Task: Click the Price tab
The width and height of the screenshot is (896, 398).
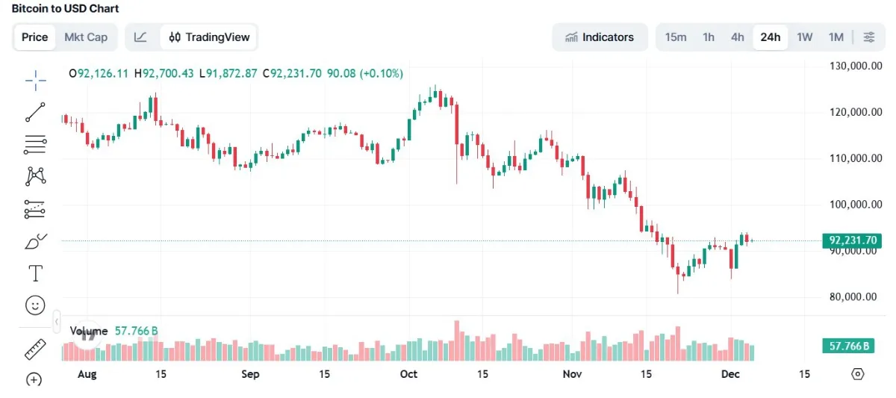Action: pyautogui.click(x=35, y=37)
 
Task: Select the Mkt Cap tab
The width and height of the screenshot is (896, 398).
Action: pyautogui.click(x=86, y=37)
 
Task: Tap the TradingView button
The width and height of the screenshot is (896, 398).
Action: pyautogui.click(x=210, y=37)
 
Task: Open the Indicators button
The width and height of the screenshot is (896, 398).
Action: pyautogui.click(x=600, y=37)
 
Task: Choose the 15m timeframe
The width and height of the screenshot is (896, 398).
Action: pyautogui.click(x=676, y=37)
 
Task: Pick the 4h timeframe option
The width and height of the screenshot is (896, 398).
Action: pyautogui.click(x=738, y=37)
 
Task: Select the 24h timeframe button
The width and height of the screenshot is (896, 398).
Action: pyautogui.click(x=771, y=37)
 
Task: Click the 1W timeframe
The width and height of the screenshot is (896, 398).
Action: pyautogui.click(x=804, y=37)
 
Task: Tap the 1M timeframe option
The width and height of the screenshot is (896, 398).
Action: pyautogui.click(x=836, y=37)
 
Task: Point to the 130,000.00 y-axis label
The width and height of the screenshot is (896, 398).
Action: pyautogui.click(x=853, y=66)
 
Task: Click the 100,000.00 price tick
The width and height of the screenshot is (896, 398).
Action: pyautogui.click(x=853, y=205)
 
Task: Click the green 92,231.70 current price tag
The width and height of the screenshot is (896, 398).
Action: pyautogui.click(x=852, y=240)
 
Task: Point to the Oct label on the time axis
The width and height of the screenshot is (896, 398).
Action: pyautogui.click(x=408, y=374)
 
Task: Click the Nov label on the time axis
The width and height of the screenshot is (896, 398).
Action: pyautogui.click(x=572, y=374)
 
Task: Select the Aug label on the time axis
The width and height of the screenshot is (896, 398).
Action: pyautogui.click(x=88, y=374)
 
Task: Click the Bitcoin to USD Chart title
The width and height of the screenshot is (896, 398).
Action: pyautogui.click(x=65, y=8)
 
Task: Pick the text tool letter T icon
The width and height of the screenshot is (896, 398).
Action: pyautogui.click(x=35, y=273)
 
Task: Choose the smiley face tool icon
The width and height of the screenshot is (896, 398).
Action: pyautogui.click(x=35, y=305)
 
